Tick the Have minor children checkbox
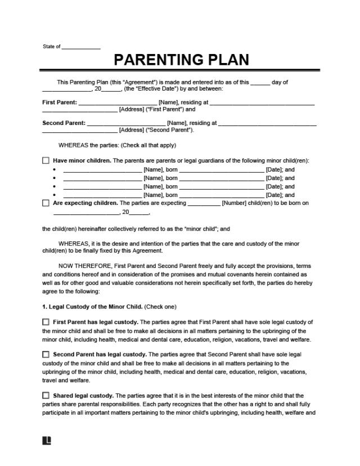coord(46,160)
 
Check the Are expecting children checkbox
coord(46,203)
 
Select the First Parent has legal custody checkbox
coord(46,322)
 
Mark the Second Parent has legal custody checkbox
coord(46,355)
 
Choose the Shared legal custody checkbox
coord(46,396)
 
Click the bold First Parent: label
coord(60,102)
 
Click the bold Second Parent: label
coord(64,123)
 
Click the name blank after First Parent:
coord(118,104)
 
